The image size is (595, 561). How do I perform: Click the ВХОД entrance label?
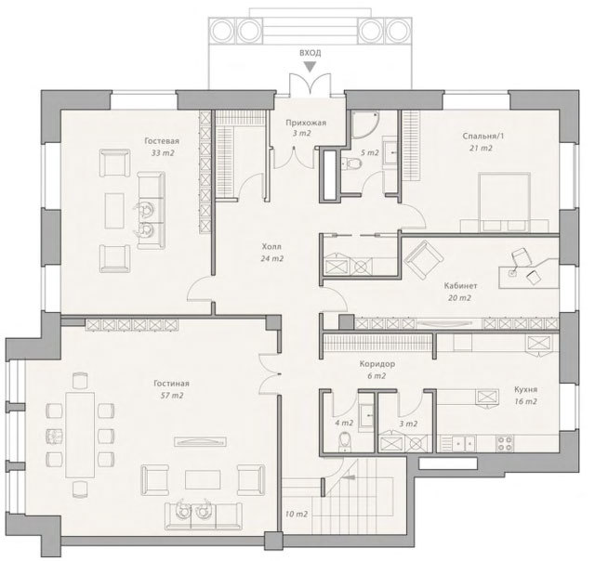[310, 53]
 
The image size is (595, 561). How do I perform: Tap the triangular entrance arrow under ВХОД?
[311, 68]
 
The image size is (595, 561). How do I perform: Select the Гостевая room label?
[162, 141]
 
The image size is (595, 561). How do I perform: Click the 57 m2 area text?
[171, 396]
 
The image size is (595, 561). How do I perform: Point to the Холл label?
[271, 247]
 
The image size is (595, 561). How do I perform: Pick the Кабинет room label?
[460, 286]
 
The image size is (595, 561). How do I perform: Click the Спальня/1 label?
[483, 137]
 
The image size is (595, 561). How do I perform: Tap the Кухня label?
[525, 389]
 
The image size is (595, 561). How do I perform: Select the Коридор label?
[377, 364]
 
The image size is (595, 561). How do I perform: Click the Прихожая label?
[306, 123]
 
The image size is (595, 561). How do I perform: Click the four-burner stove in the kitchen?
[505, 443]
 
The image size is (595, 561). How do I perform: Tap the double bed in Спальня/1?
[504, 202]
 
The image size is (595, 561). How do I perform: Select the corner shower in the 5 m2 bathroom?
[364, 124]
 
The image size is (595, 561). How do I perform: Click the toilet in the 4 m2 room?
[345, 442]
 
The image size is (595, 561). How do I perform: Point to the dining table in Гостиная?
[80, 436]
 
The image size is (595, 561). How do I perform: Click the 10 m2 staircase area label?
[297, 515]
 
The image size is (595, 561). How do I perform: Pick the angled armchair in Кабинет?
[424, 260]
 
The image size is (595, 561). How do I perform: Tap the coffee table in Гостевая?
[114, 211]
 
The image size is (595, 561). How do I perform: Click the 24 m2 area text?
[272, 259]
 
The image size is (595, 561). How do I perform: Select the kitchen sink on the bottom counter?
[464, 443]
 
